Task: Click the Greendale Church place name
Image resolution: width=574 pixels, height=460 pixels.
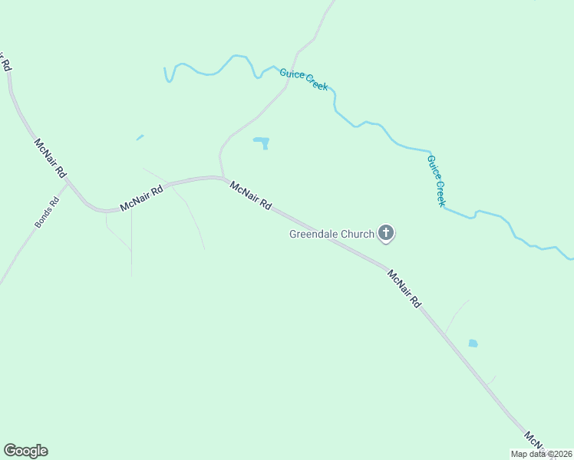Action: point(331,235)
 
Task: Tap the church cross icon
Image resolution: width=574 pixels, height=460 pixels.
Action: point(386,234)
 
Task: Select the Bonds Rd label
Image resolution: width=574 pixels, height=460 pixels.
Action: point(47,214)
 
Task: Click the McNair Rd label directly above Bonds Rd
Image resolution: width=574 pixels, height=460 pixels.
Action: point(51,158)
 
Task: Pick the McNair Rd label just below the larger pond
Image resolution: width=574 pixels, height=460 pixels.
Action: point(251,195)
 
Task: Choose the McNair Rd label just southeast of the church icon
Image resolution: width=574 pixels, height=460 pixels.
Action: point(404,288)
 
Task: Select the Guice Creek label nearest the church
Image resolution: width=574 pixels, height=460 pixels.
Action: point(436,180)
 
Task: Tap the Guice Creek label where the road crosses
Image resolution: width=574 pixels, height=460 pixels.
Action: point(304,79)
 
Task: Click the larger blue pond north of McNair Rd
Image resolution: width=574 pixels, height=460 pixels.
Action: point(262,142)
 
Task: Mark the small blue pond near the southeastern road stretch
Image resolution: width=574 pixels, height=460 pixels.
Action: point(473,343)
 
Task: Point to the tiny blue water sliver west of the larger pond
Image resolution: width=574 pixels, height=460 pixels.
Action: point(140,137)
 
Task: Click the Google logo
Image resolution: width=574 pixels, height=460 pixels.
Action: point(25,451)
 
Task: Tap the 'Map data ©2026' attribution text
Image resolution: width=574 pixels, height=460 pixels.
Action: point(541,454)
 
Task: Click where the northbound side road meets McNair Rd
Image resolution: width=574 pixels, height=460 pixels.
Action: point(223,178)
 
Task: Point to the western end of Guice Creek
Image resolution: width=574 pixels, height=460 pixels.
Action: point(165,69)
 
